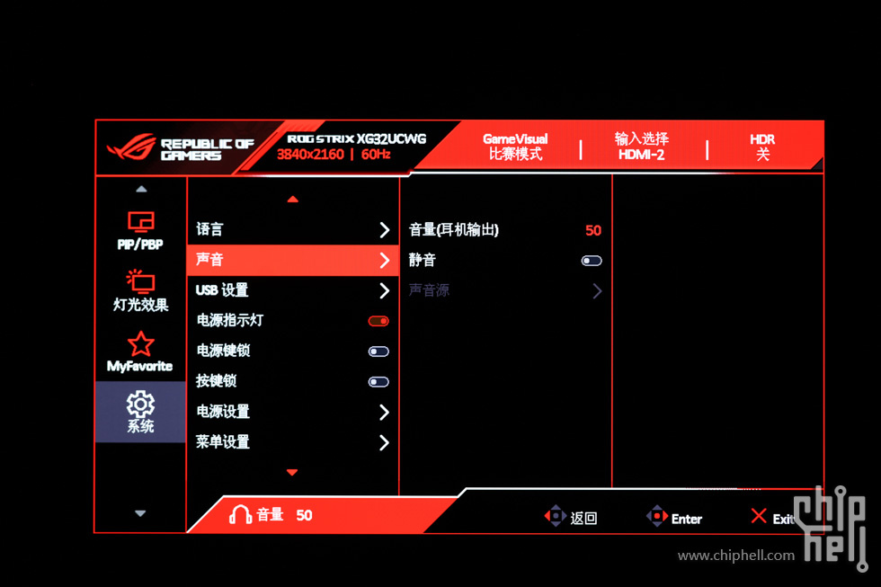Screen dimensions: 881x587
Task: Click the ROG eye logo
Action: pyautogui.click(x=131, y=147)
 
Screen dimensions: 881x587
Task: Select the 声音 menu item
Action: pyautogui.click(x=209, y=260)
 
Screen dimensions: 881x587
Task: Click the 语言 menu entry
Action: pyautogui.click(x=209, y=229)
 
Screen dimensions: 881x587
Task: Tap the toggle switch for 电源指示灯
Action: pyautogui.click(x=378, y=321)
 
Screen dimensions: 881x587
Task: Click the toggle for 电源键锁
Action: pyautogui.click(x=378, y=351)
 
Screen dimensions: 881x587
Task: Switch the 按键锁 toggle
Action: pyautogui.click(x=378, y=382)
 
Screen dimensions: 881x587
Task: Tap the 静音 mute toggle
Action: pyautogui.click(x=592, y=261)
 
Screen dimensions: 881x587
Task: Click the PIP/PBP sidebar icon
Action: pyautogui.click(x=140, y=222)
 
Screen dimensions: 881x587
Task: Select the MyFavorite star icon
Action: pyautogui.click(x=140, y=343)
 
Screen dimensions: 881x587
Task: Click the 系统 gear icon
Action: pyautogui.click(x=140, y=404)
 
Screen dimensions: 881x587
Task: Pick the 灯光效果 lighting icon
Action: pyautogui.click(x=140, y=281)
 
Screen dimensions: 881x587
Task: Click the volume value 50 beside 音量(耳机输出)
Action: pyautogui.click(x=592, y=230)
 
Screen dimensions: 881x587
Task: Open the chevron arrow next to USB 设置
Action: pyautogui.click(x=385, y=290)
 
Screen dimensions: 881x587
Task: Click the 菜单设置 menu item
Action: pyautogui.click(x=223, y=442)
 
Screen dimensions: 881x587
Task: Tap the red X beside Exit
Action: pyautogui.click(x=759, y=516)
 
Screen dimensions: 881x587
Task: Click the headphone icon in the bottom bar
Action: pyautogui.click(x=240, y=514)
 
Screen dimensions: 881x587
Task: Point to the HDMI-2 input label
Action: pyautogui.click(x=641, y=155)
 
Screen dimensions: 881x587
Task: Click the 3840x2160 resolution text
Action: pyautogui.click(x=310, y=155)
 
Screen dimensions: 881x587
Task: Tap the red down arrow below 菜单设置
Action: pyautogui.click(x=292, y=473)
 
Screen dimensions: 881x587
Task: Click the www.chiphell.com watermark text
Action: pyautogui.click(x=736, y=556)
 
